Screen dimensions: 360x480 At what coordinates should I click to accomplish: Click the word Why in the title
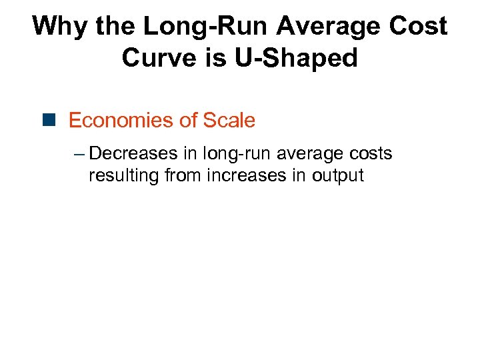click(61, 27)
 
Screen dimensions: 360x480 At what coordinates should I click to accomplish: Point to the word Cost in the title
click(419, 27)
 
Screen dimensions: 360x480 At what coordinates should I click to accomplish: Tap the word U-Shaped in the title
click(296, 58)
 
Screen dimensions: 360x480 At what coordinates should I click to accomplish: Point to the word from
click(181, 176)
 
